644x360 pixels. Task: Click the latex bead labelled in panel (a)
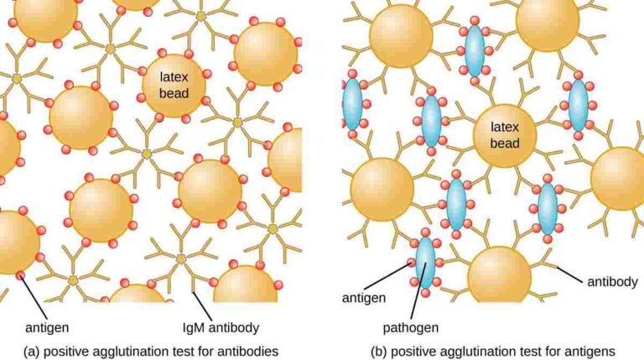coord(174,86)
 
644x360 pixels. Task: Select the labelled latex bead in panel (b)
coord(505,136)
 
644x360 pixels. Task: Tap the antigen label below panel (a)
coord(47,327)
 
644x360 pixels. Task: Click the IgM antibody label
coord(221,327)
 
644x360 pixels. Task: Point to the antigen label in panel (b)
coord(364,298)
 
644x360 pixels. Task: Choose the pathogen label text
coord(411,327)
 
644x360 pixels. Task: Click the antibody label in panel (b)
coord(612,281)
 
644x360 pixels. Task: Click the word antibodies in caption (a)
coord(247,352)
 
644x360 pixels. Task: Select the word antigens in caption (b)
coord(589,352)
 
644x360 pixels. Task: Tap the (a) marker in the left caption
coord(32,352)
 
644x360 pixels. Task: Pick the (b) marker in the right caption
coord(379,352)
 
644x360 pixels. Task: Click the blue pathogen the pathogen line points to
coord(425,263)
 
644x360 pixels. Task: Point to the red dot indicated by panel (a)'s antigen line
coord(20,275)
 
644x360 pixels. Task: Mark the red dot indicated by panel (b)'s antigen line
coord(411,263)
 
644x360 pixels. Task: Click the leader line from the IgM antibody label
coord(203,306)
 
